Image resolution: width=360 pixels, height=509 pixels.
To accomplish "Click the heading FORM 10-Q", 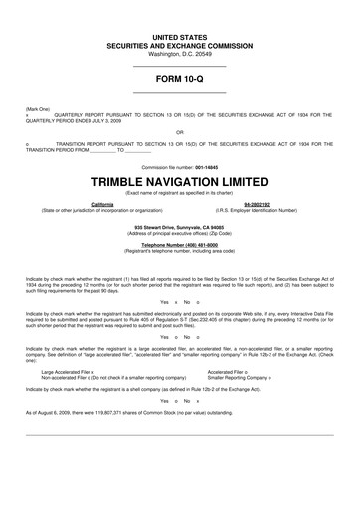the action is tap(180, 77).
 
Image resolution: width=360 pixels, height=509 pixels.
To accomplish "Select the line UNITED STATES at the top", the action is tap(180, 36).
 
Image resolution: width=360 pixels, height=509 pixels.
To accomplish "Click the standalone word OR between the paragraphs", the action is tap(179, 130).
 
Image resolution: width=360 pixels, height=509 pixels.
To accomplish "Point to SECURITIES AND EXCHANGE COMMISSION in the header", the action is tap(180, 44).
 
